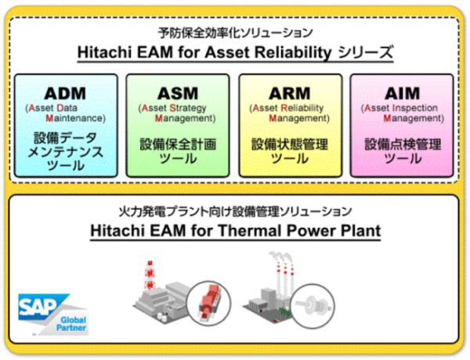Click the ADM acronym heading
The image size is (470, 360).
65,93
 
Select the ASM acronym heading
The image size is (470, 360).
178,93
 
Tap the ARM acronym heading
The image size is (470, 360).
290,93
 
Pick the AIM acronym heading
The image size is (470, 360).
403,93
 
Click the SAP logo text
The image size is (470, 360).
37,306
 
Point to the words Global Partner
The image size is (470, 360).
73,324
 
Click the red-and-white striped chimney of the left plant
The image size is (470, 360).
149,275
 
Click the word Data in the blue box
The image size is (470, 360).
67,108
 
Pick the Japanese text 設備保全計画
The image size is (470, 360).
178,144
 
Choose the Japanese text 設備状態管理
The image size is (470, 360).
290,144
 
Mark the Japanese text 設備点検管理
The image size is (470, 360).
403,144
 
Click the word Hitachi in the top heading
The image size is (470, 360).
105,52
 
